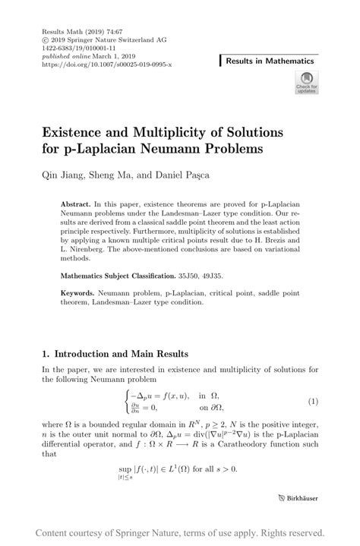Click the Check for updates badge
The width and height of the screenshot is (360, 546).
pos(307,82)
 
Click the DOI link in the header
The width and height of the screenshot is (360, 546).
pos(107,65)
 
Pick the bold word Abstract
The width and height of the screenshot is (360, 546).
pos(75,205)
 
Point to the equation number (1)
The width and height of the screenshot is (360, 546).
pos(312,401)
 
